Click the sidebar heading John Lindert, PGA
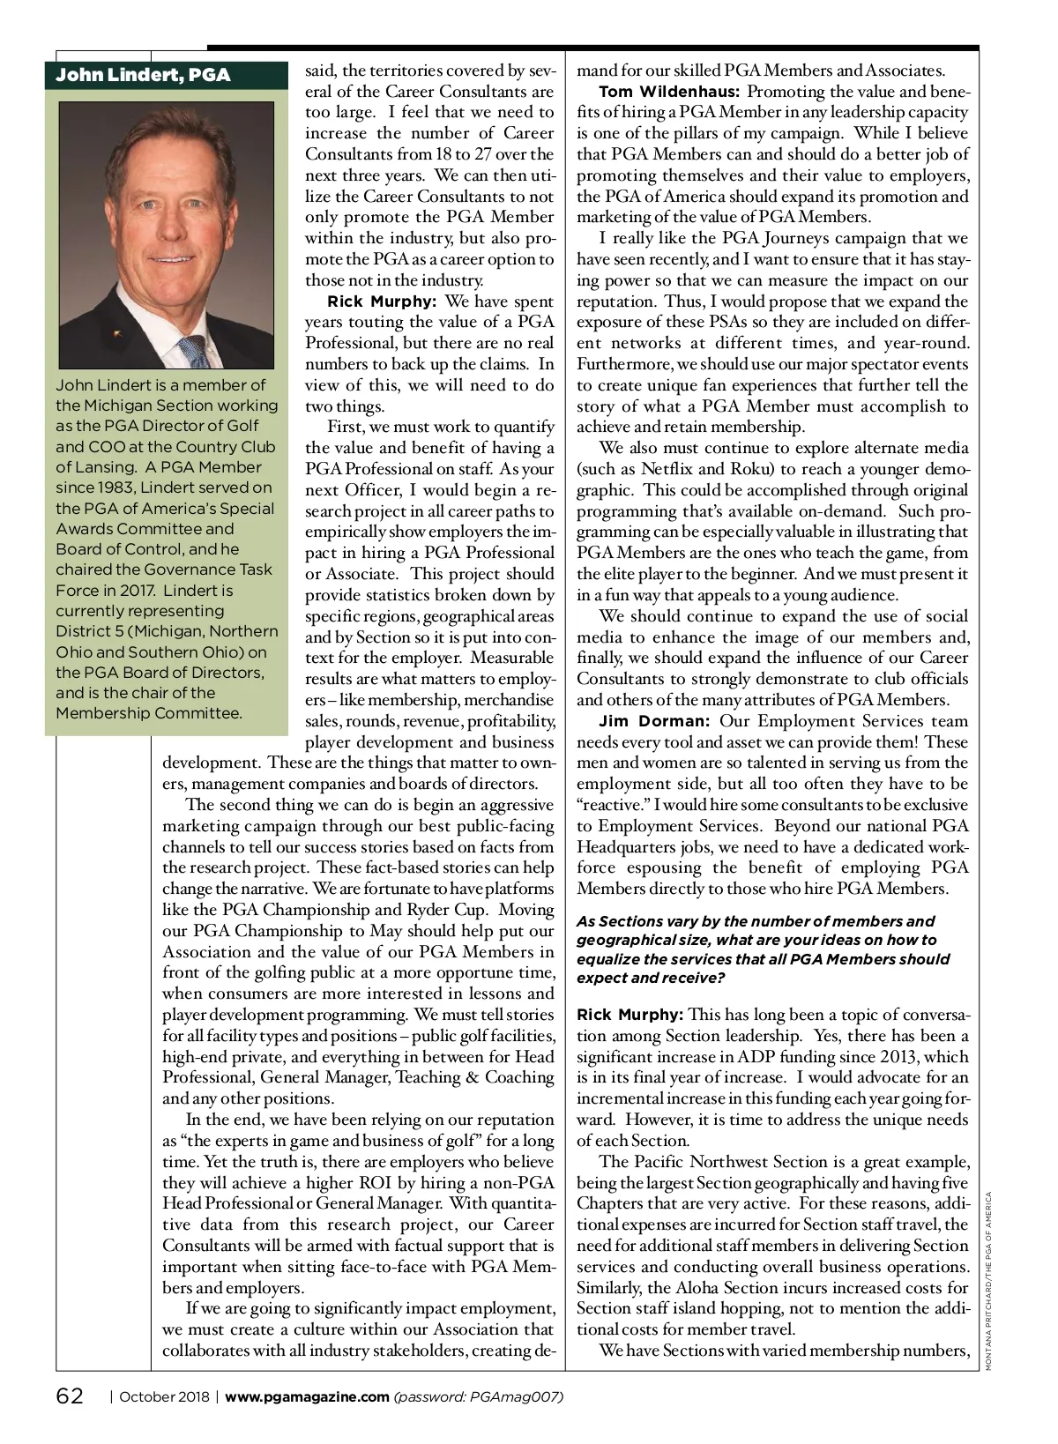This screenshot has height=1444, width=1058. click(x=143, y=75)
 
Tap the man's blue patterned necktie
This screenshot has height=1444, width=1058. click(x=200, y=349)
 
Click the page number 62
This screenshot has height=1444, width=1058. click(x=70, y=1396)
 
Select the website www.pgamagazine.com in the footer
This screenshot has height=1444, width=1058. click(x=308, y=1396)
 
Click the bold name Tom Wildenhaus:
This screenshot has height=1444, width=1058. click(x=669, y=92)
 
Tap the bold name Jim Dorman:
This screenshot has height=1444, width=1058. click(x=653, y=721)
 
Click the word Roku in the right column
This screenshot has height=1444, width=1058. click(x=762, y=469)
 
